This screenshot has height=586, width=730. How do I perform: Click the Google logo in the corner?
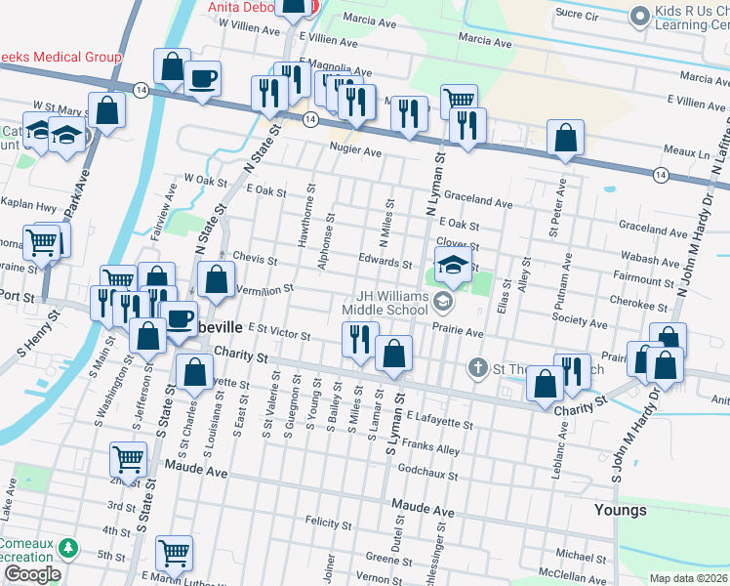click(31, 574)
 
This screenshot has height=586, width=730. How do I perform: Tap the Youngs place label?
click(620, 510)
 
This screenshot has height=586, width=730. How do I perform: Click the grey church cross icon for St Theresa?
click(476, 367)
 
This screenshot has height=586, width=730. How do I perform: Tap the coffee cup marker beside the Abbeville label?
click(179, 318)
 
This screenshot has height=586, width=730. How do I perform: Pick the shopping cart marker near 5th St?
click(175, 553)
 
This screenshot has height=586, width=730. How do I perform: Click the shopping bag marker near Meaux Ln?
click(565, 139)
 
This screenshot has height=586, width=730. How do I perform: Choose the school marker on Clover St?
click(453, 264)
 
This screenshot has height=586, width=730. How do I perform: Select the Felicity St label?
click(328, 522)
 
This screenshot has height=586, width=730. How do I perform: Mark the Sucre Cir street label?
click(576, 16)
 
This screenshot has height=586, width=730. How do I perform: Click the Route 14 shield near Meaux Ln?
click(661, 174)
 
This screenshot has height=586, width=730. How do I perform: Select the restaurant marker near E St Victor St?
click(359, 341)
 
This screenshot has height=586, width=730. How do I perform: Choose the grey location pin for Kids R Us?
click(640, 15)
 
